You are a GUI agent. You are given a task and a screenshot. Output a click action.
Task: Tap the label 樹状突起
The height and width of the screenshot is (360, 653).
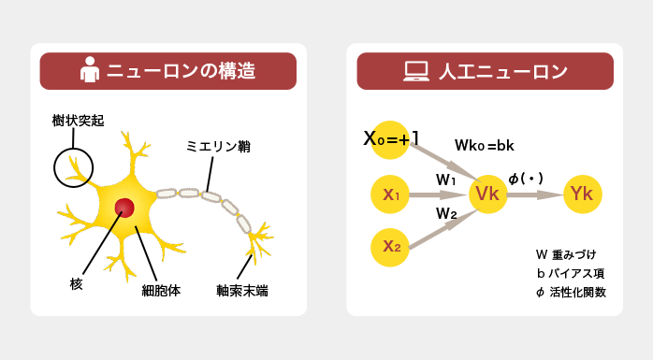point(79,122)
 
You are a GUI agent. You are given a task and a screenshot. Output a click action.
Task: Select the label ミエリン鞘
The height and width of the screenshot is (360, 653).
point(218,147)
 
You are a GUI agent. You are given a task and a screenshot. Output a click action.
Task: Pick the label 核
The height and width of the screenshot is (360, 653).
point(76,282)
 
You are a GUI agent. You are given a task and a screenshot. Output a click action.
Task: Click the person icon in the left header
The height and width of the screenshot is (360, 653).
point(90,71)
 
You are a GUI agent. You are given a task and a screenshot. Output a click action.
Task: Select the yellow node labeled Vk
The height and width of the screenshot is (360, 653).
point(487,194)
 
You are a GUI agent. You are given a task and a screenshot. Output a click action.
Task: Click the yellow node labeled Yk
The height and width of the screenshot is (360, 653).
point(582,194)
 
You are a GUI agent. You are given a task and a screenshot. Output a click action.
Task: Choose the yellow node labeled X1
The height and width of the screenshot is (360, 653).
point(391,194)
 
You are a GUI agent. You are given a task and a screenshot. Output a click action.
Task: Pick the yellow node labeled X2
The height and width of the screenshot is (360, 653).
point(391,246)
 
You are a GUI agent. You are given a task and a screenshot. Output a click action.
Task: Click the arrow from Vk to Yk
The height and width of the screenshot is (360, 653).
point(536,194)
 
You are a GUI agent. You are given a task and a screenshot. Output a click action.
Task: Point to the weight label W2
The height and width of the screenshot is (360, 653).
point(446,213)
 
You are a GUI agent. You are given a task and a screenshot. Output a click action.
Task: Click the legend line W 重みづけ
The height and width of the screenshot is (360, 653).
point(565,254)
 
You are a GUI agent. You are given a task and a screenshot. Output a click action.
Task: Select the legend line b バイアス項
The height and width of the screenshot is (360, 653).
point(571,273)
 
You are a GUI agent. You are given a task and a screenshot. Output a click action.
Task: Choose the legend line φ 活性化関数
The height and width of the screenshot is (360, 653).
point(571,292)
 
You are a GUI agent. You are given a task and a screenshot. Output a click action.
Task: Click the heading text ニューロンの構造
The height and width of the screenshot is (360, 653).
point(181,71)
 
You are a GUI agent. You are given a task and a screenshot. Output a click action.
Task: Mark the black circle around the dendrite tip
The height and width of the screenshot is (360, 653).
point(74,168)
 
